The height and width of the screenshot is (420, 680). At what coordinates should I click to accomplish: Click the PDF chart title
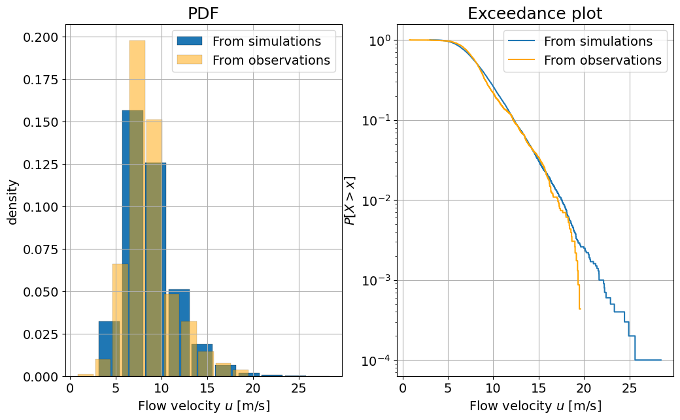pyautogui.click(x=203, y=14)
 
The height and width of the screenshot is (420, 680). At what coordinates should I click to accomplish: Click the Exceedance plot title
pyautogui.click(x=535, y=14)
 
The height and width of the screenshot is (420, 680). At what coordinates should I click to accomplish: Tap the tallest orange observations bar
pyautogui.click(x=137, y=208)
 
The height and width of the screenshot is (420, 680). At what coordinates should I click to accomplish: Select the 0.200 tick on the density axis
pyautogui.click(x=41, y=37)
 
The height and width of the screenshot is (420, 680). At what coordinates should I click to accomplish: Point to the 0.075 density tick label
pyautogui.click(x=41, y=250)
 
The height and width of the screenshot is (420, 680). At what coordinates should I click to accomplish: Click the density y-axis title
pyautogui.click(x=12, y=202)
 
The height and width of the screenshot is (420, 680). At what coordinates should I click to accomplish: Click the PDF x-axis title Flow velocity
pyautogui.click(x=204, y=406)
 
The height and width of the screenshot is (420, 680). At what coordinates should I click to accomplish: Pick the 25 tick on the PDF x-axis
pyautogui.click(x=298, y=388)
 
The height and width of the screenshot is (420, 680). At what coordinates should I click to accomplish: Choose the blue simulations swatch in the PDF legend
pyautogui.click(x=190, y=41)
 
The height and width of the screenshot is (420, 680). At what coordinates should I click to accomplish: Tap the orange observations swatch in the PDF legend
pyautogui.click(x=190, y=60)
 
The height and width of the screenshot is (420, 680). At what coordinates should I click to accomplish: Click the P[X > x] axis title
pyautogui.click(x=350, y=201)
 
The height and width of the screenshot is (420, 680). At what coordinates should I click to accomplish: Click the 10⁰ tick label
pyautogui.click(x=380, y=40)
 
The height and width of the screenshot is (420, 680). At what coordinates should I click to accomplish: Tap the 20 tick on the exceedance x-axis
pyautogui.click(x=584, y=388)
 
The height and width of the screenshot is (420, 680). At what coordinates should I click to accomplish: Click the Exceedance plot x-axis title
pyautogui.click(x=535, y=406)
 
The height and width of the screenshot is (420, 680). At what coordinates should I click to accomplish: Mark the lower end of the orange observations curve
pyautogui.click(x=580, y=309)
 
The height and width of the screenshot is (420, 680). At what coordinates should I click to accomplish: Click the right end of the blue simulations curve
pyautogui.click(x=661, y=360)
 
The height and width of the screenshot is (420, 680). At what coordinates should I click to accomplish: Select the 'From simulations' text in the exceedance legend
pyautogui.click(x=598, y=41)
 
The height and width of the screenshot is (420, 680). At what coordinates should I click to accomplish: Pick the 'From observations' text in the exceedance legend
pyautogui.click(x=603, y=60)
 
